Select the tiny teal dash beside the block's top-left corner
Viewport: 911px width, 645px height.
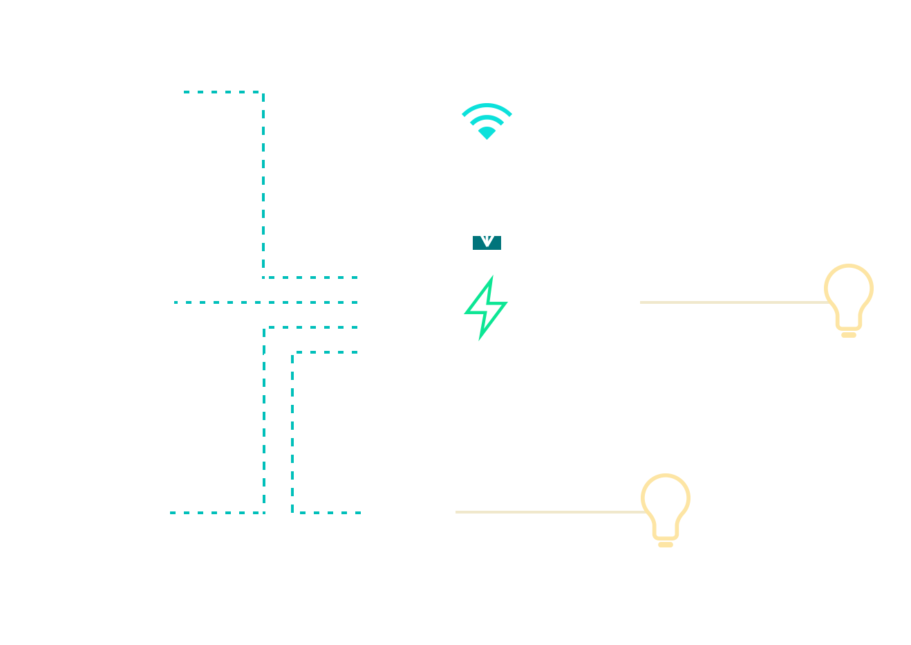[x=187, y=91]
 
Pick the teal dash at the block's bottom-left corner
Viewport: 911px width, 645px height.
[x=173, y=513]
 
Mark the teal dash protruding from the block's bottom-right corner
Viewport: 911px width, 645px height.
[x=358, y=513]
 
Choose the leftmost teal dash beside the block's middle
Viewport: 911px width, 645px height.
[x=176, y=302]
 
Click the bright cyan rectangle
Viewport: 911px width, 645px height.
[x=489, y=122]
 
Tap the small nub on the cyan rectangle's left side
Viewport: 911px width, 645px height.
[x=464, y=114]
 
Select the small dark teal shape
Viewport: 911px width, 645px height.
[x=487, y=243]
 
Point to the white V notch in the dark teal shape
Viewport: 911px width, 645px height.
[x=487, y=240]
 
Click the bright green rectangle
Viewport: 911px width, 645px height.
[x=482, y=308]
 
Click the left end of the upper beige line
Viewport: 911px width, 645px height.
[x=642, y=302]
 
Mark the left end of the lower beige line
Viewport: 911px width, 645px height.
[x=458, y=512]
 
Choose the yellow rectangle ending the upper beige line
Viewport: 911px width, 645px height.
[x=848, y=301]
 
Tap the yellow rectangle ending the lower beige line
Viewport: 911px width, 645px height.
[x=666, y=511]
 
